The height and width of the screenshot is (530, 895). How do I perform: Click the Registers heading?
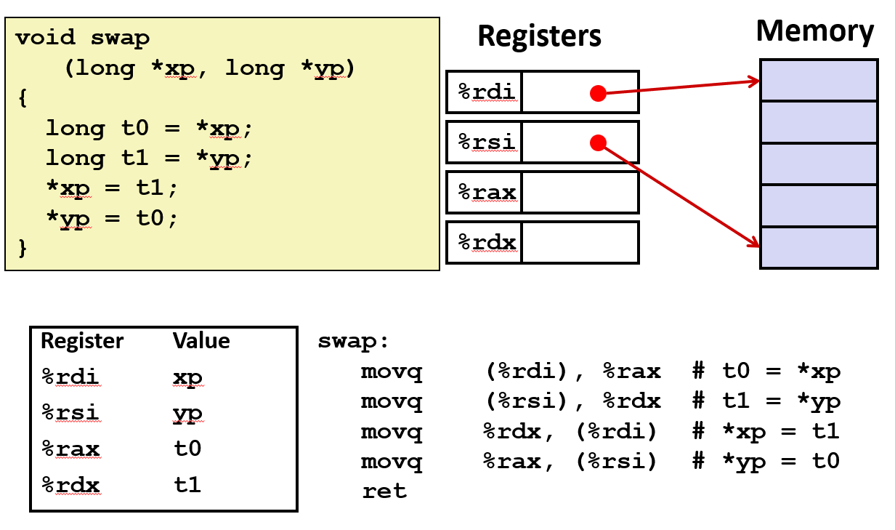[x=539, y=36]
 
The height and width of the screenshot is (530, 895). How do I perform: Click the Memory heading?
[x=814, y=32]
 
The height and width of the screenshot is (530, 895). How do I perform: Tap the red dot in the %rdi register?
[x=598, y=93]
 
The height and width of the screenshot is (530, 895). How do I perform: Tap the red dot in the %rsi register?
[x=598, y=143]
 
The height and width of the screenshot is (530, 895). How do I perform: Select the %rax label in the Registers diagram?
[x=487, y=193]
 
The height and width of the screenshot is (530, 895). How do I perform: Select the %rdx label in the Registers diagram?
[x=487, y=242]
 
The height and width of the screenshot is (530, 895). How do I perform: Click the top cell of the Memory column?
[x=818, y=80]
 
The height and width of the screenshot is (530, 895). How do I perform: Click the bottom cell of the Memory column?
[x=818, y=247]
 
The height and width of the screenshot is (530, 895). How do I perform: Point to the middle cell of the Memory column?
[x=818, y=164]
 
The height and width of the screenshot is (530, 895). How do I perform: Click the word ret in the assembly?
[x=384, y=491]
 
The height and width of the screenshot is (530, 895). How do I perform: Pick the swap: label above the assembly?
[x=353, y=342]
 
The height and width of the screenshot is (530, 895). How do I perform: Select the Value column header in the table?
[x=201, y=341]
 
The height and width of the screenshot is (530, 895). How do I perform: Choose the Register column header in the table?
[x=82, y=341]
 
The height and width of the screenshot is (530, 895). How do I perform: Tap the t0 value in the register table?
[x=187, y=449]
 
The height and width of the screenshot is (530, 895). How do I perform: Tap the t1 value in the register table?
[x=187, y=485]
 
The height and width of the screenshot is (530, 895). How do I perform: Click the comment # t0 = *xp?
[x=766, y=372]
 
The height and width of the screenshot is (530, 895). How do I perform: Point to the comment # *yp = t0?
[x=766, y=462]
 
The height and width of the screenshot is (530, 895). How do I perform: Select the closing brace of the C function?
[x=22, y=248]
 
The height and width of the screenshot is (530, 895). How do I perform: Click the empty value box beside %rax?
[x=580, y=193]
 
